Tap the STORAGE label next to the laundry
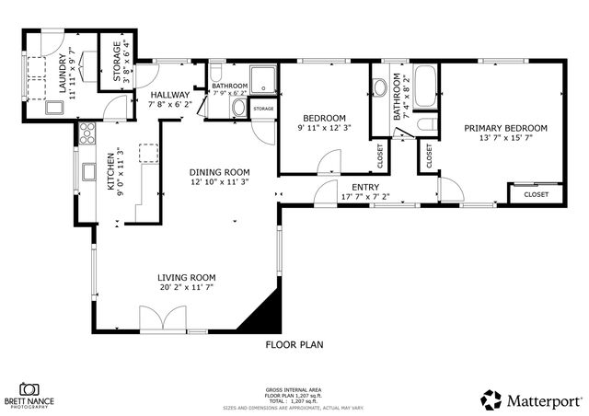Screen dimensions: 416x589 pyautogui.click(x=117, y=62)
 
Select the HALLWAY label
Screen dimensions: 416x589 pyautogui.click(x=169, y=95)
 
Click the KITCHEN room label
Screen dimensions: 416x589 pyautogui.click(x=110, y=171)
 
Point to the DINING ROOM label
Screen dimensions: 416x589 pyautogui.click(x=220, y=172)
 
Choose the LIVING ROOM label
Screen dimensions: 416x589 pyautogui.click(x=186, y=278)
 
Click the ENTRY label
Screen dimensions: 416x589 pyautogui.click(x=365, y=187)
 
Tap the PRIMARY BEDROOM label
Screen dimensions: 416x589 pyautogui.click(x=505, y=128)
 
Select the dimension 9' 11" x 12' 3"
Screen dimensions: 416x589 pyautogui.click(x=325, y=129)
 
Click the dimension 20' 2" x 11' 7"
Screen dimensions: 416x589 pyautogui.click(x=186, y=288)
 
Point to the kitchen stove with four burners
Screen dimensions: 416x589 pyautogui.click(x=87, y=134)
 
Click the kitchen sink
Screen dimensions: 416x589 pyautogui.click(x=88, y=171)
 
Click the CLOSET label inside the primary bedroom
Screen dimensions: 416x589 pyautogui.click(x=536, y=194)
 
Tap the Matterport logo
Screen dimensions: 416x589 pyautogui.click(x=531, y=399)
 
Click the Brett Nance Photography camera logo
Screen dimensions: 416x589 pyautogui.click(x=29, y=389)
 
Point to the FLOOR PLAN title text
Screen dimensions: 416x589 pyautogui.click(x=294, y=345)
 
